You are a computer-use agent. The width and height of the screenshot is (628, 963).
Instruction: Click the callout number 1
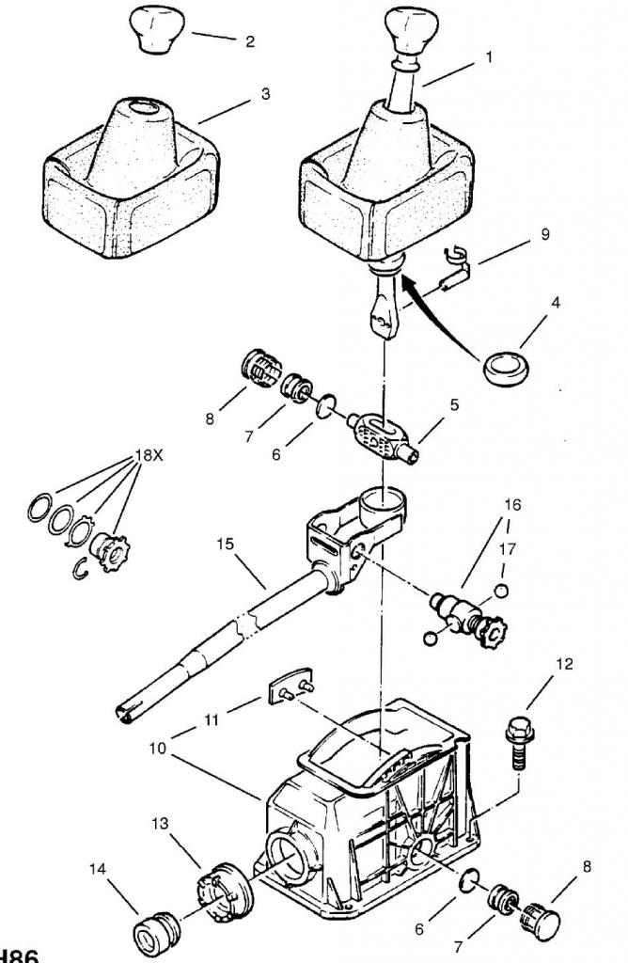489,56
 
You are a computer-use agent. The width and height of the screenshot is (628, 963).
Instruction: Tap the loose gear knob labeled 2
154,28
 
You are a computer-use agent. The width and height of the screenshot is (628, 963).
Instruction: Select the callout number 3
266,94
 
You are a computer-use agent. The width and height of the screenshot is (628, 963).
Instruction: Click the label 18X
149,454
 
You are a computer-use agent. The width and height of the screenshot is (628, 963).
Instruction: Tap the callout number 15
224,544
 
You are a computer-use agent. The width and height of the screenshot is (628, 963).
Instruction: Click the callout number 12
563,664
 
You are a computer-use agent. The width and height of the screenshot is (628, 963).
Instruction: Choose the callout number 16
512,505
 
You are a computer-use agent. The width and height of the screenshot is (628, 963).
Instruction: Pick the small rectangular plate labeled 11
291,687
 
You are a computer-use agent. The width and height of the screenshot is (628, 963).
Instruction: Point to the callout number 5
453,406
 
